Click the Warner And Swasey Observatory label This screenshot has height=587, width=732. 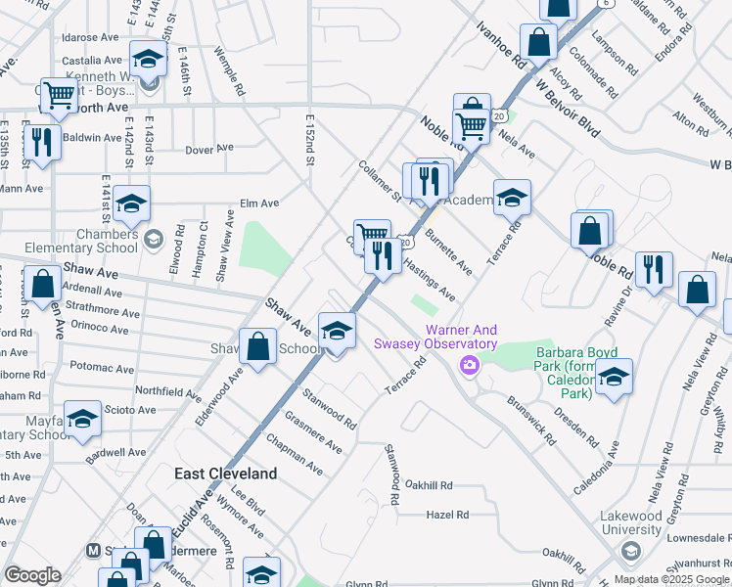coord(435,338)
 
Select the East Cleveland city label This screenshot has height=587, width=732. coord(225,474)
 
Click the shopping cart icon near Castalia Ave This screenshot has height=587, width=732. coord(60,96)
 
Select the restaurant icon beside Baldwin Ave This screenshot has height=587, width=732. coord(42,142)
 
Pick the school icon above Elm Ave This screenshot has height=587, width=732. coord(131,204)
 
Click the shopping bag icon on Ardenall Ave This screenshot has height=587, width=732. coord(43,284)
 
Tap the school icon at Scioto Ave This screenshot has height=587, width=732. coord(83,420)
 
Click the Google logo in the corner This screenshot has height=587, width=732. coord(32,575)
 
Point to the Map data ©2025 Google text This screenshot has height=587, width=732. coord(672,579)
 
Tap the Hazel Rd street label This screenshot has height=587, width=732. coord(443,514)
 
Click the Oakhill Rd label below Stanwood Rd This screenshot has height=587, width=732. coord(430,485)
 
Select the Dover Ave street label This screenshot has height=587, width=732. coord(209,149)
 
